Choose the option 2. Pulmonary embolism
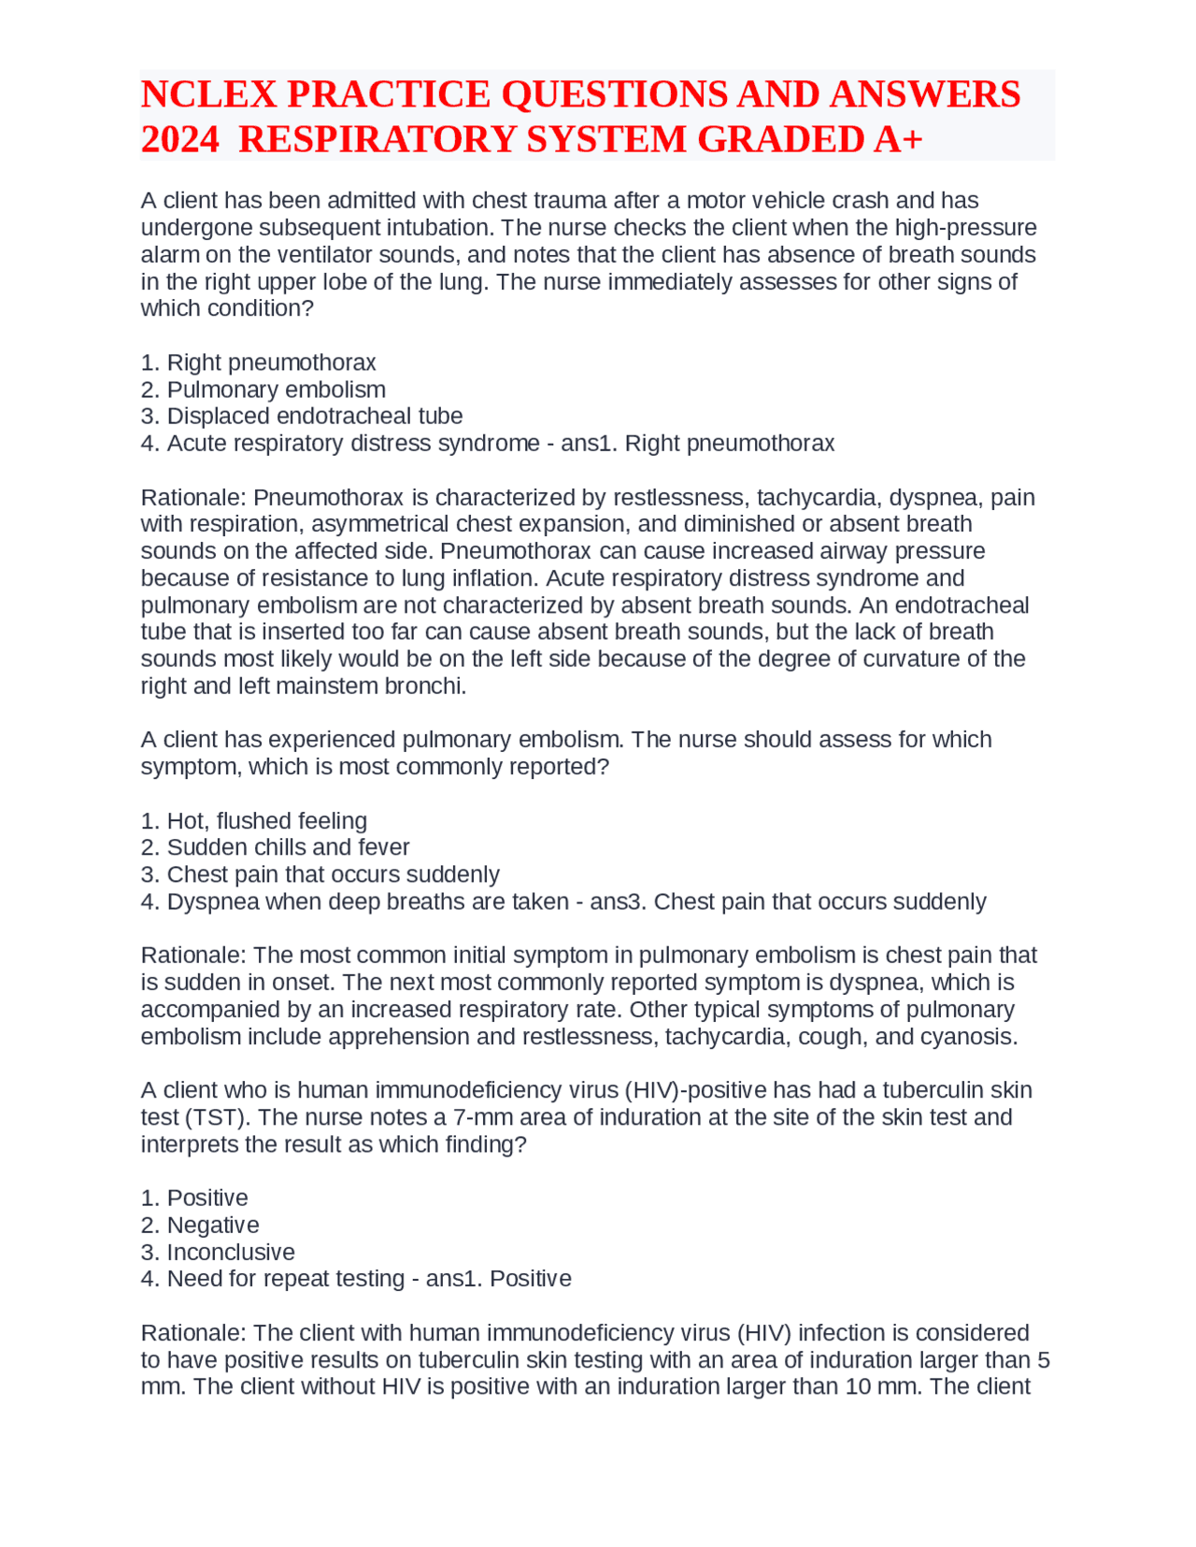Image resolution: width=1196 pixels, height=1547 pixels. [263, 390]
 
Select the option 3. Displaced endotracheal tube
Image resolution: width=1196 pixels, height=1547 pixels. [302, 416]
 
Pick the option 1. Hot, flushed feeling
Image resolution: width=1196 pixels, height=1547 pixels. [254, 820]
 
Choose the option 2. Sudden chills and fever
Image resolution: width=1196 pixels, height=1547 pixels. [275, 847]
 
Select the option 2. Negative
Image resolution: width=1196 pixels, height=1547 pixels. [200, 1225]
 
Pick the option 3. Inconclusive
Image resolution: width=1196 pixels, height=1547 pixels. [218, 1252]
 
